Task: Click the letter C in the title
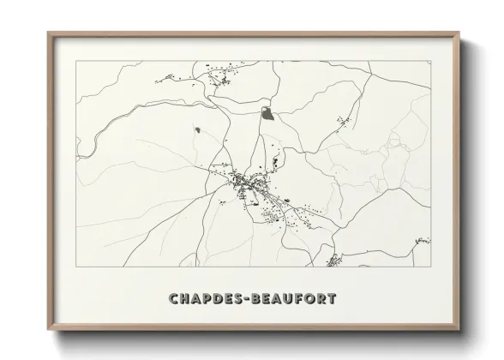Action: pos(174,299)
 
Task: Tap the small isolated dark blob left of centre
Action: pos(197,130)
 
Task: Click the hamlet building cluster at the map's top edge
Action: pos(222,80)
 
